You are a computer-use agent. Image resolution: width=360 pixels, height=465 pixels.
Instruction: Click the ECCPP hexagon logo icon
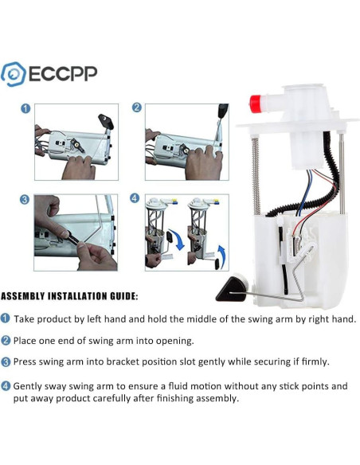14,73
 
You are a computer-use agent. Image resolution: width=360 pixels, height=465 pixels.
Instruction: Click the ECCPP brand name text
63,74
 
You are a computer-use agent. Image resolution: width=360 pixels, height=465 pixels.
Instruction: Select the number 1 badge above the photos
25,109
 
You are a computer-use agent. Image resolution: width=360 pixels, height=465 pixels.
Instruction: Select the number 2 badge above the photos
137,107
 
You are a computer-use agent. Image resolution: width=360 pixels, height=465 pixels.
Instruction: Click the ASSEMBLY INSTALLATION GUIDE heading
69,296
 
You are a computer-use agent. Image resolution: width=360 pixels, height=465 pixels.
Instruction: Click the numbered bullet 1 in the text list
6,318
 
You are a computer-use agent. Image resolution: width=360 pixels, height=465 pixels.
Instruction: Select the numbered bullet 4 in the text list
6,386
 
